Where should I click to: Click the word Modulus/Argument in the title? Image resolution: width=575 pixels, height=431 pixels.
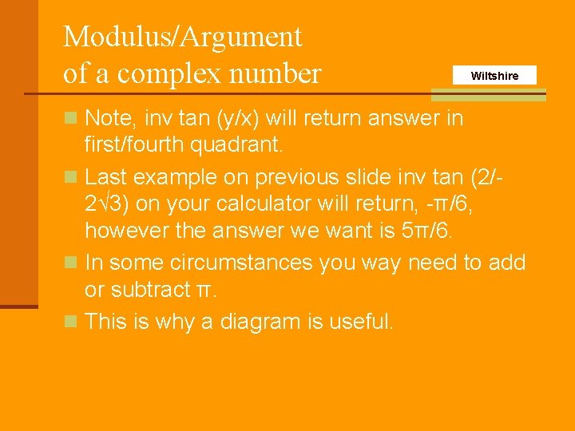tap(183, 37)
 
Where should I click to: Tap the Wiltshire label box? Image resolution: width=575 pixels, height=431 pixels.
tap(494, 76)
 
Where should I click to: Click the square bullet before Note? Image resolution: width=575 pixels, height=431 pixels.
tap(70, 119)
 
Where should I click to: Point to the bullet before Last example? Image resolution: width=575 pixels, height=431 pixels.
tap(70, 176)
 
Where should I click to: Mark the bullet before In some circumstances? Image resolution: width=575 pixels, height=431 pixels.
tap(70, 262)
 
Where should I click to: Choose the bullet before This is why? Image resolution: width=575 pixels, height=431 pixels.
tap(70, 321)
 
